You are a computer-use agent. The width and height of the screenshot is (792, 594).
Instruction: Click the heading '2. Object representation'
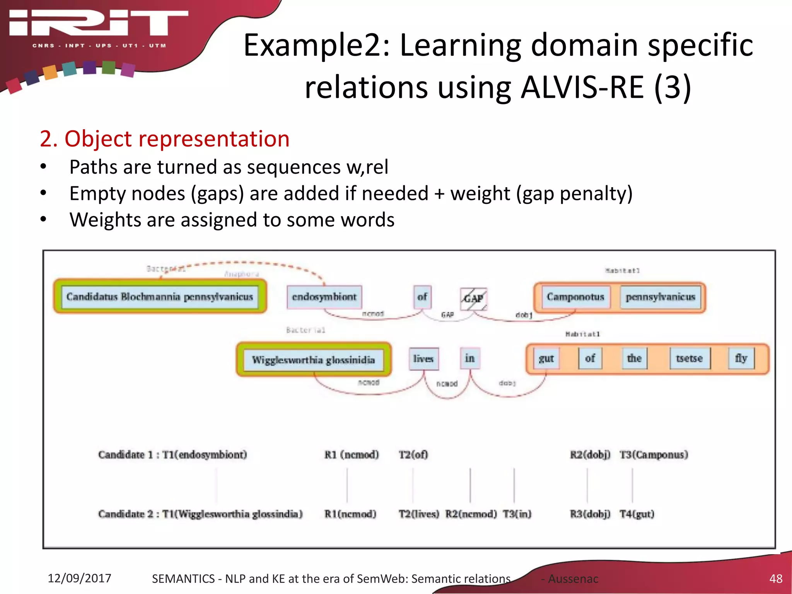click(x=165, y=139)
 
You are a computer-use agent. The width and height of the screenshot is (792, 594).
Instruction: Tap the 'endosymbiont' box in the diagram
click(x=324, y=297)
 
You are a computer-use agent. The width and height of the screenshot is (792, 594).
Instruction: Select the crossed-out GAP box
click(x=473, y=299)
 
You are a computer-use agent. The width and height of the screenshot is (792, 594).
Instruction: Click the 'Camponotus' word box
click(x=575, y=297)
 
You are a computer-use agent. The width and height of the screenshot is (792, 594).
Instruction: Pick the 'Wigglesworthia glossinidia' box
click(x=313, y=360)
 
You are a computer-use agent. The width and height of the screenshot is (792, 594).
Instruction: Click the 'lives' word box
click(x=423, y=358)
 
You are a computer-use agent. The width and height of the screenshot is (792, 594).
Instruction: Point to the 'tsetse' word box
click(x=689, y=358)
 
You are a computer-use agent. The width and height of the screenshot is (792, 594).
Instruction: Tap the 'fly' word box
click(x=741, y=358)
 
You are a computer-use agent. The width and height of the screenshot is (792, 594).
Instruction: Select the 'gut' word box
click(x=546, y=358)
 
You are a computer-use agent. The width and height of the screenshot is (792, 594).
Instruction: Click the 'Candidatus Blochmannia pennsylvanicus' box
click(x=160, y=297)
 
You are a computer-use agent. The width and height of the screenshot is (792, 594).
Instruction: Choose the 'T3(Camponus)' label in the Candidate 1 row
click(x=654, y=454)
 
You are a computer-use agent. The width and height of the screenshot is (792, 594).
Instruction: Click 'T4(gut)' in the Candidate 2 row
click(x=637, y=514)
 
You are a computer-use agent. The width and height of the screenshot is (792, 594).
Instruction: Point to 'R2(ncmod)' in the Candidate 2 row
click(x=471, y=514)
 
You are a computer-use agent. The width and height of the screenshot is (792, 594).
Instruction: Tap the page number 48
click(x=776, y=579)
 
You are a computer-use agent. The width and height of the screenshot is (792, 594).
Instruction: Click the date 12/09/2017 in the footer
click(x=79, y=578)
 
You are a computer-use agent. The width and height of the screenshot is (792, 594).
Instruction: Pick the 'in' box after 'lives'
click(x=469, y=358)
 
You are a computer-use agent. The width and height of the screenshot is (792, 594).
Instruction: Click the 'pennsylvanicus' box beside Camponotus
click(x=661, y=297)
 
